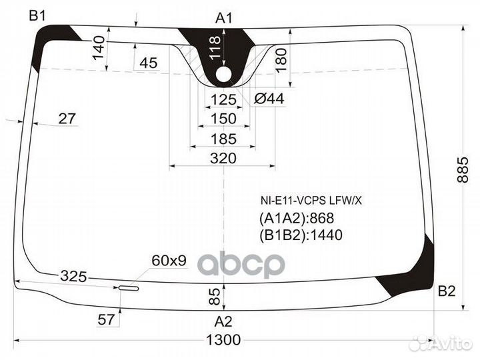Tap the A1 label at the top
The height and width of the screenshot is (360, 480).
[223, 19]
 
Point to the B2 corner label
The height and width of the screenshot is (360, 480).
[446, 291]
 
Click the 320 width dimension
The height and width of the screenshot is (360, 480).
[223, 158]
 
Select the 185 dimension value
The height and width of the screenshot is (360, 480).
[223, 139]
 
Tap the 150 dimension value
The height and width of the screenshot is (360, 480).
[223, 119]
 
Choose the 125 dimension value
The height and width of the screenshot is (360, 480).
[223, 100]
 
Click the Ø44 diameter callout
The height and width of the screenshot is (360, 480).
[269, 99]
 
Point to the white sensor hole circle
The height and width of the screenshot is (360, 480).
[223, 74]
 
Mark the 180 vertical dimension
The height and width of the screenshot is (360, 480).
[280, 62]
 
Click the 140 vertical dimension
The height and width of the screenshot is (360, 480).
[99, 48]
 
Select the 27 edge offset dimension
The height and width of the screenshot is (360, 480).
[67, 119]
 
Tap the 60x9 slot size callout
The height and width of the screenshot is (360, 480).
[169, 261]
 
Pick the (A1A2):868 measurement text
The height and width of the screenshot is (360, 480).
[296, 219]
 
